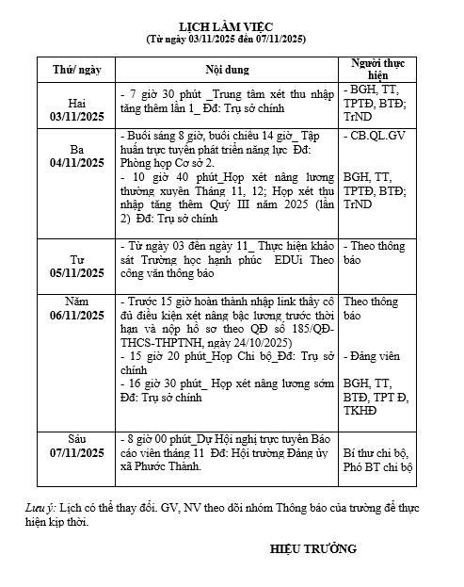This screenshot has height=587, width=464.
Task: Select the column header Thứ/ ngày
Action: [x=77, y=69]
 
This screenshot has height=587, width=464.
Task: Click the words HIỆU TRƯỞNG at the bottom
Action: [x=313, y=548]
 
